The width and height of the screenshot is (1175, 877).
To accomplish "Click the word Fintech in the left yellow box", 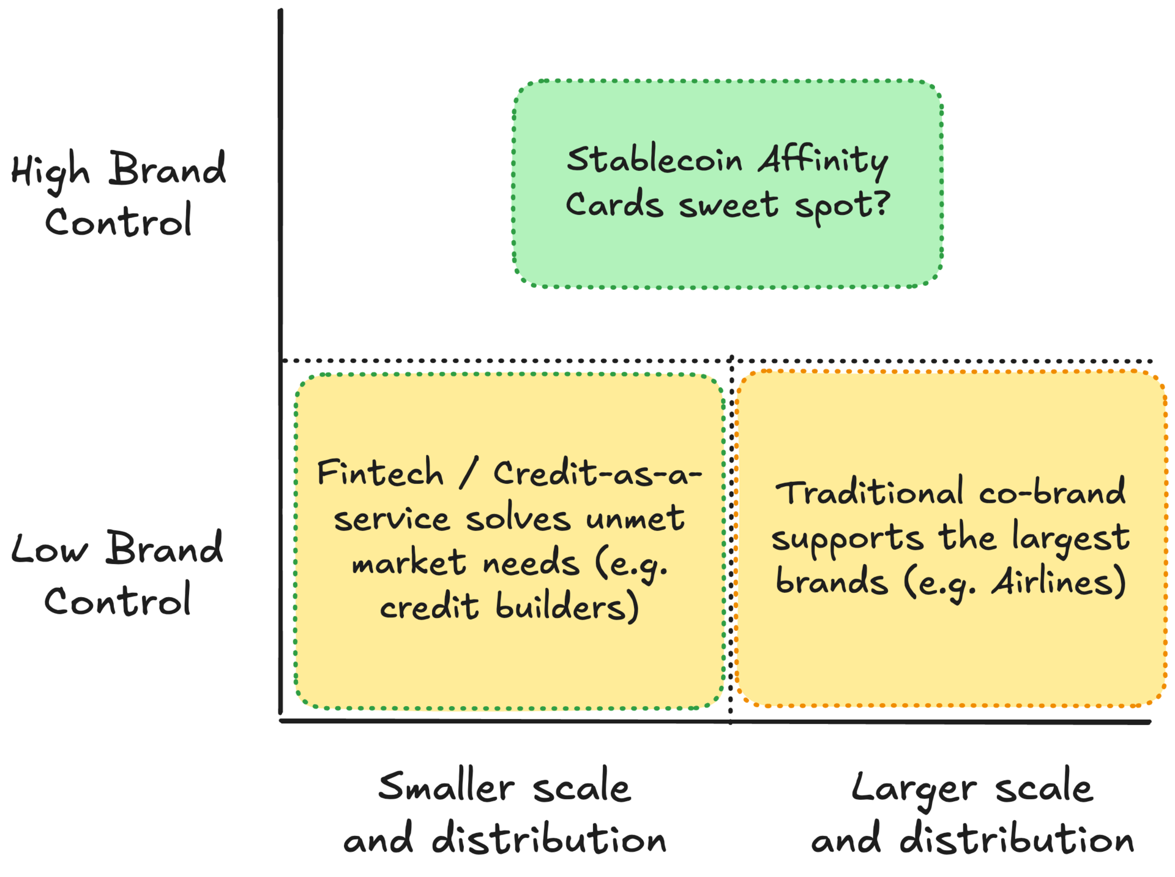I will click(380, 473).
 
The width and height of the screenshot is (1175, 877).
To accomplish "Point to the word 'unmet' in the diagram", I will click(635, 518).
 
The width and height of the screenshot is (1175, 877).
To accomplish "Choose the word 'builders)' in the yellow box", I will click(567, 606).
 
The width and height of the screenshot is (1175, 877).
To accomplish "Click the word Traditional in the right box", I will click(868, 493).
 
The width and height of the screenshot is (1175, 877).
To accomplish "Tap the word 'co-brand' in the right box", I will click(1051, 492).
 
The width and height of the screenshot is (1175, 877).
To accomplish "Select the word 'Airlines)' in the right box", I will click(1058, 582).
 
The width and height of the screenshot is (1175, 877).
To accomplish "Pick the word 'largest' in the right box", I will click(1070, 538).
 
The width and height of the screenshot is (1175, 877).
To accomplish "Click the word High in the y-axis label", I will click(50, 171).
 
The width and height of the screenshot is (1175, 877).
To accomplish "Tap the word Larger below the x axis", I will click(913, 788).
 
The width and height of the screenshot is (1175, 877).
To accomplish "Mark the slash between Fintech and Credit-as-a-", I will click(468, 473).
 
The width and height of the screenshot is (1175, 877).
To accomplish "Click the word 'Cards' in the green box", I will click(614, 204).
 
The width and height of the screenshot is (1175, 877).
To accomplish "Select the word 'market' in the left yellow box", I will click(408, 562).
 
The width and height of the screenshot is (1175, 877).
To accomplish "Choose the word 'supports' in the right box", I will click(846, 539).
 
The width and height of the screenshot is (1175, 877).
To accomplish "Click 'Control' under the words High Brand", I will click(119, 221).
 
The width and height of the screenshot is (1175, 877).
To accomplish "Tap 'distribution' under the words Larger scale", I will click(1016, 838).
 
